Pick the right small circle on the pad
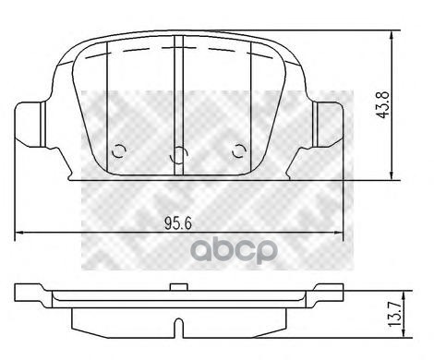point(240,153)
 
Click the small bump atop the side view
point(178,290)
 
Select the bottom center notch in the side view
point(178,327)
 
